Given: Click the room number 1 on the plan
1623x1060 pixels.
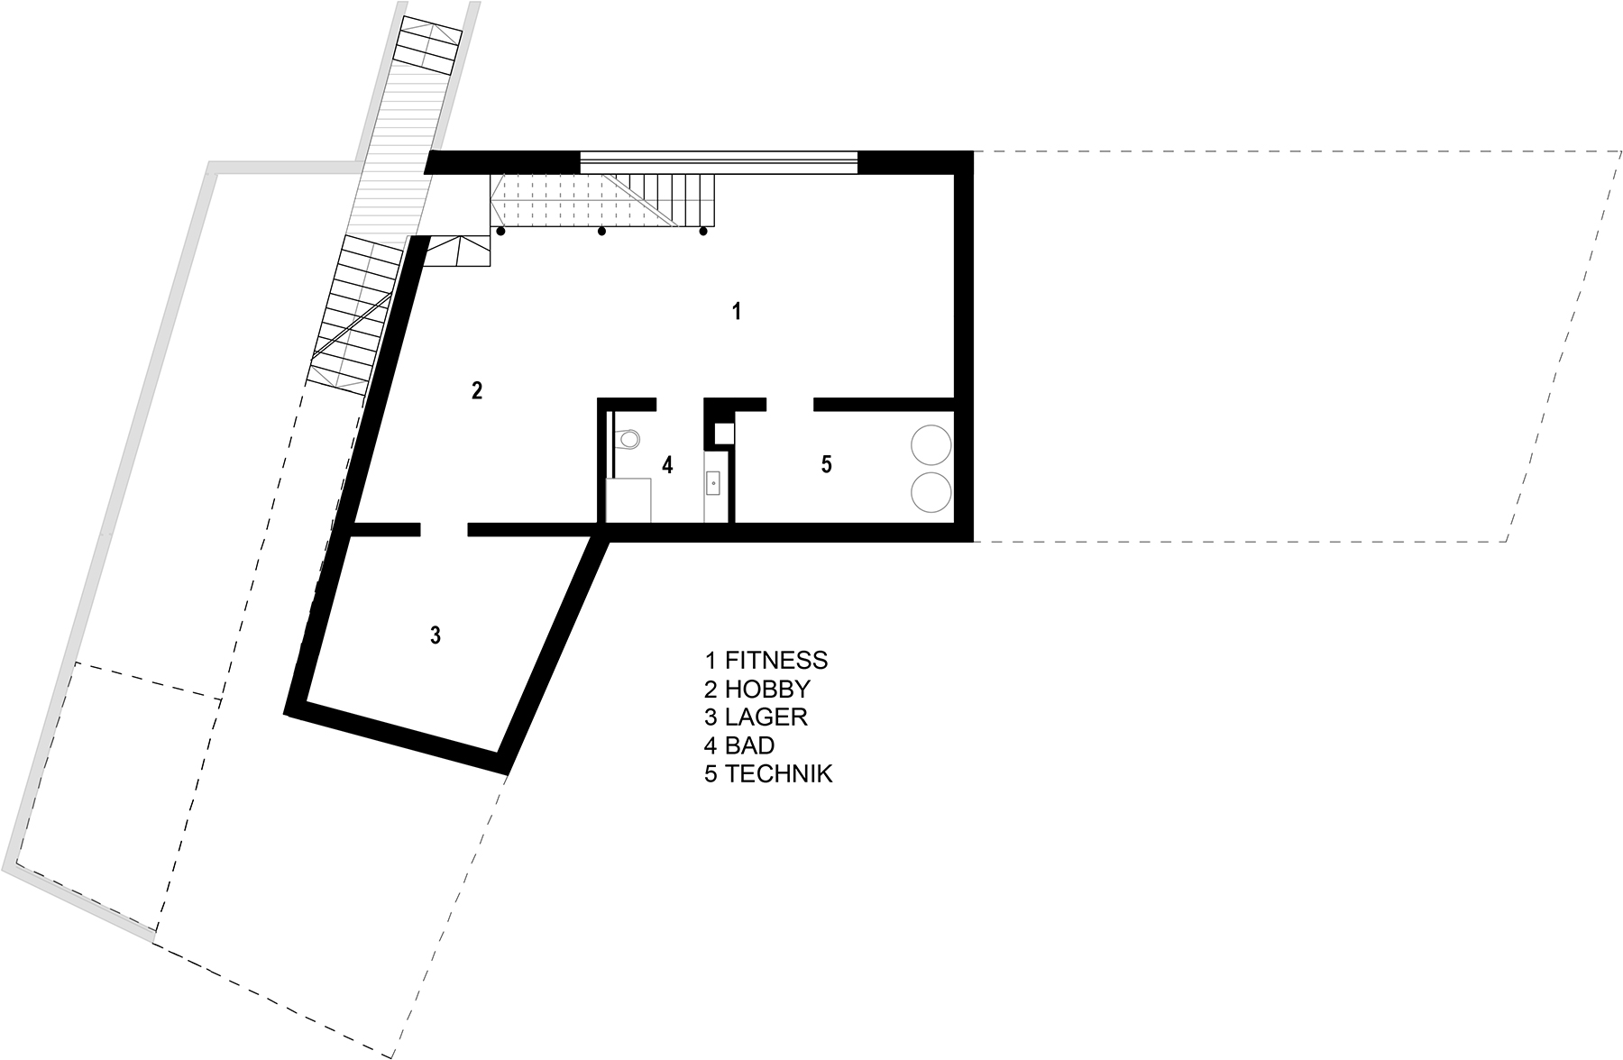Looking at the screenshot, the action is (737, 312).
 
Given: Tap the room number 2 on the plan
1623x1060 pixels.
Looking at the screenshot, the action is (477, 390).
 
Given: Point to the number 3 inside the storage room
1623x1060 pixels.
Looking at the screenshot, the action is (435, 635).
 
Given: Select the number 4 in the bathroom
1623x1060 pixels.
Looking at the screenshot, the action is (667, 465).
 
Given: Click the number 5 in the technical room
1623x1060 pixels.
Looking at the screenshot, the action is (826, 465).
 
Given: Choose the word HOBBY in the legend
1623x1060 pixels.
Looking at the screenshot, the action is (767, 689).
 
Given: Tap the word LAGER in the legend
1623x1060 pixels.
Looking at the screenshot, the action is (766, 717).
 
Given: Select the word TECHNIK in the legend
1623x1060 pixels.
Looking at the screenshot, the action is (779, 774).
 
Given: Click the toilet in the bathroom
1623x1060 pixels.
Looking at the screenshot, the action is (627, 440).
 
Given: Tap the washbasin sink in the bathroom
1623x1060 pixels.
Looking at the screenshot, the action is (713, 484).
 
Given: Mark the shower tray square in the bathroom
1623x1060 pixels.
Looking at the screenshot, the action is (629, 500).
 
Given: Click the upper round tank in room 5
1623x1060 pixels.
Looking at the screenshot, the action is (931, 445).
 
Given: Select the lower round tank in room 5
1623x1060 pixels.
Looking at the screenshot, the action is (931, 491).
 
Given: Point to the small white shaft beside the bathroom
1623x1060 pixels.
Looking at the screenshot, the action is (725, 434).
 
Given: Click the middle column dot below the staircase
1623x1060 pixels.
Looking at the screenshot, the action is (602, 232).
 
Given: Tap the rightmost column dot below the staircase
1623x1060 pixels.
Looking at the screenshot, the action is (702, 232).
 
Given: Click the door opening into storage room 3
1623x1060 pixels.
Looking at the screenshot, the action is (445, 530).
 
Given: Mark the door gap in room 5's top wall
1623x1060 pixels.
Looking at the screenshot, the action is (790, 404).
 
